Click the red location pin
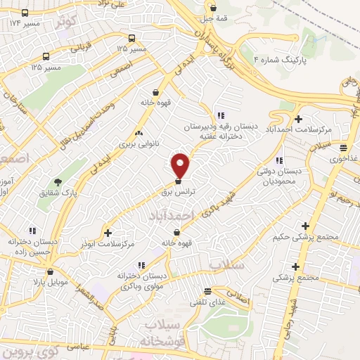coord(181,165)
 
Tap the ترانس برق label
coord(177,191)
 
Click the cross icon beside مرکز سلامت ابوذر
coord(108,233)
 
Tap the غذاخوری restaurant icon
coord(343,148)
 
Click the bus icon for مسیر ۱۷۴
coord(25,13)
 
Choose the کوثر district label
coord(66,21)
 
